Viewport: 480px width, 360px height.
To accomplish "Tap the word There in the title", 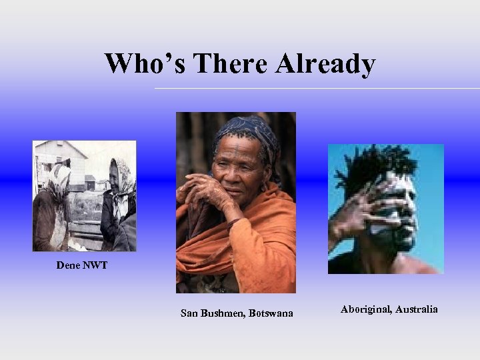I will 223,64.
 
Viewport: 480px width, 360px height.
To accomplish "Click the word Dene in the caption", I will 67,265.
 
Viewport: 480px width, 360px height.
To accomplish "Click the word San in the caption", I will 189,313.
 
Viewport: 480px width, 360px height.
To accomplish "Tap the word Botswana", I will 271,313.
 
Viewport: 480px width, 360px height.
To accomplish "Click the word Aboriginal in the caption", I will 365,309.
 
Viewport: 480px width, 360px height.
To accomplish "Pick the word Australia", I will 417,309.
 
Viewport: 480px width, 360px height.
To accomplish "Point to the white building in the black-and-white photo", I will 60,157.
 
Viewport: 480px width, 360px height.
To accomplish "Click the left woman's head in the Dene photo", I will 60,177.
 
